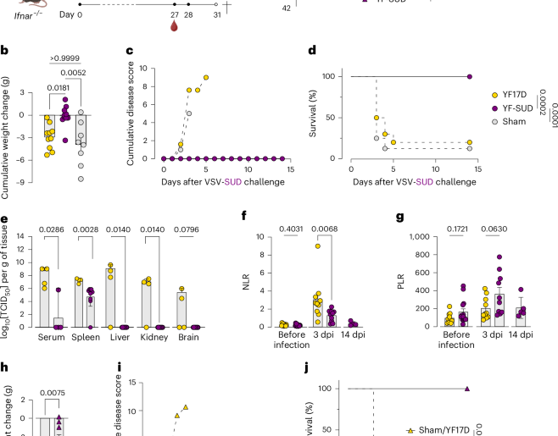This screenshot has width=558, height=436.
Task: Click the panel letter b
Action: coord(5,52)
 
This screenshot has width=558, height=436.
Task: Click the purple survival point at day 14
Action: coord(469,77)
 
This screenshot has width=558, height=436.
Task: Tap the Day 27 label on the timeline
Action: coord(175,14)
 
